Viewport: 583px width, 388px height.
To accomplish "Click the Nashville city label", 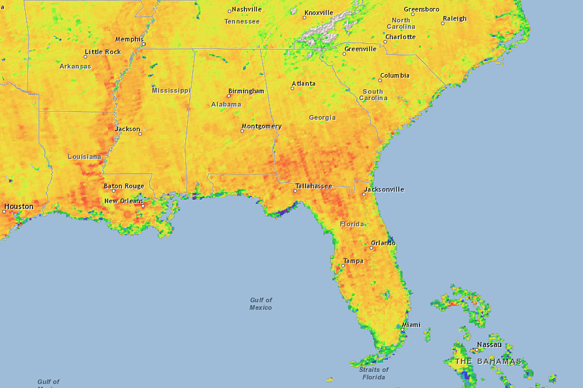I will [x=247, y=9].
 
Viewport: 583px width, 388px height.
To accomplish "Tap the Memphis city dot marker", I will [x=143, y=44].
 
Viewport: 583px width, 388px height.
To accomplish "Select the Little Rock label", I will [x=103, y=52].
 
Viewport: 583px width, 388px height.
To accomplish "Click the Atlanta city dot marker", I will [x=292, y=88].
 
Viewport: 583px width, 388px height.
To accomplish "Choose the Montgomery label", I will [x=261, y=127].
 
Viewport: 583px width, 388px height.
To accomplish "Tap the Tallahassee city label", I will [x=314, y=186].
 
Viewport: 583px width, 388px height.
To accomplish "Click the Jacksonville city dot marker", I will [x=364, y=194].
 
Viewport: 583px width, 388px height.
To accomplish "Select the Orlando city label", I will [x=383, y=243].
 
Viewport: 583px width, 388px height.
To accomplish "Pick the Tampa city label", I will [x=353, y=261].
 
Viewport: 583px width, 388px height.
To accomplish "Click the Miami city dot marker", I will [x=402, y=329].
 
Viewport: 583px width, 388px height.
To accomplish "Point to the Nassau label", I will [x=489, y=345].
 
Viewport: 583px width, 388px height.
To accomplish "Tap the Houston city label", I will [x=19, y=207].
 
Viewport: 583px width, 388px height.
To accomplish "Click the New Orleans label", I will [x=124, y=201].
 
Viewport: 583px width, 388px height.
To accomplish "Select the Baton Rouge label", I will [x=124, y=186].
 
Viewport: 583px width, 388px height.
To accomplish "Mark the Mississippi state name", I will [x=171, y=91].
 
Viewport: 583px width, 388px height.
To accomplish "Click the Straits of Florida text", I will [x=374, y=373].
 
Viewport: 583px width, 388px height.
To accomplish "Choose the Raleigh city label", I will [x=454, y=19].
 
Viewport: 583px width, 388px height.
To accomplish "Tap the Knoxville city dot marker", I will [x=305, y=18].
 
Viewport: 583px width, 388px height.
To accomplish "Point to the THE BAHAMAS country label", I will [x=488, y=361].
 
